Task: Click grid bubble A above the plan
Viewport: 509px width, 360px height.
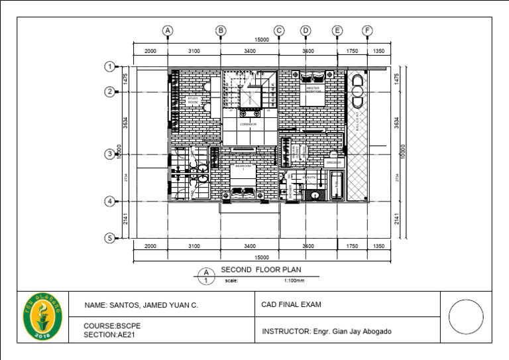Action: click(x=168, y=30)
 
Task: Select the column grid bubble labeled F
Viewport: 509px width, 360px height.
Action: click(x=367, y=30)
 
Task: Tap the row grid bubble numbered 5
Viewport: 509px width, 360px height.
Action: click(x=110, y=238)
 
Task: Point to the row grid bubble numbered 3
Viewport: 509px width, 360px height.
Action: click(x=110, y=154)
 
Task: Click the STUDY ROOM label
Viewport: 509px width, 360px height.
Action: click(x=193, y=100)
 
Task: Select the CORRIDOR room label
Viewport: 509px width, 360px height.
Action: click(x=248, y=124)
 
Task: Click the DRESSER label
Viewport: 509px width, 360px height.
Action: click(x=333, y=162)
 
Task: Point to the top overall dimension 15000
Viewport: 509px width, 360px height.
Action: click(x=262, y=40)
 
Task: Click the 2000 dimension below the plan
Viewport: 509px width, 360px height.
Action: click(x=150, y=246)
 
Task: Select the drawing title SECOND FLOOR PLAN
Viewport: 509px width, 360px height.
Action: click(x=260, y=269)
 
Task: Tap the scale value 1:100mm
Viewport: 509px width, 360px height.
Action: click(x=294, y=280)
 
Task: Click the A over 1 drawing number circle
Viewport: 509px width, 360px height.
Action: click(x=206, y=276)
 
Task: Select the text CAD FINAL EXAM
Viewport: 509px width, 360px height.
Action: click(x=292, y=305)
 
